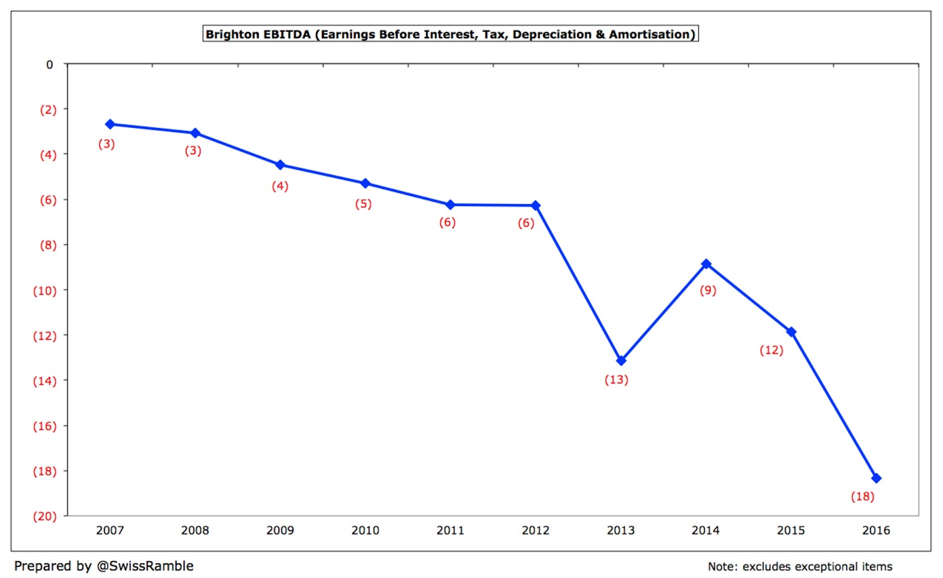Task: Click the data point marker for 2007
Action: click(x=110, y=124)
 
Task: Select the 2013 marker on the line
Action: click(x=621, y=361)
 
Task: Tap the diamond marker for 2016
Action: click(x=876, y=478)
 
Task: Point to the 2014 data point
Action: click(x=706, y=264)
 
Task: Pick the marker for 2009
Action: click(x=281, y=165)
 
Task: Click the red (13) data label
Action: click(x=616, y=380)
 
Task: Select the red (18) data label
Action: click(x=862, y=497)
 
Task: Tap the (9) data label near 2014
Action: click(x=708, y=290)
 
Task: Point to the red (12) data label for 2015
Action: click(x=771, y=351)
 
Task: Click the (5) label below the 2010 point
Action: click(x=363, y=204)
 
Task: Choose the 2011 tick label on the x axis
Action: click(x=450, y=530)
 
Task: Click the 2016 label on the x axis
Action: click(x=876, y=530)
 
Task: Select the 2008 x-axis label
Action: click(x=195, y=530)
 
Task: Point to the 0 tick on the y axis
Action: click(x=50, y=65)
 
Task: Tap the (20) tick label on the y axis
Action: click(x=45, y=517)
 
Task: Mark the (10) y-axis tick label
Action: click(x=45, y=291)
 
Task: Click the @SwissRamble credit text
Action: click(x=145, y=566)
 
